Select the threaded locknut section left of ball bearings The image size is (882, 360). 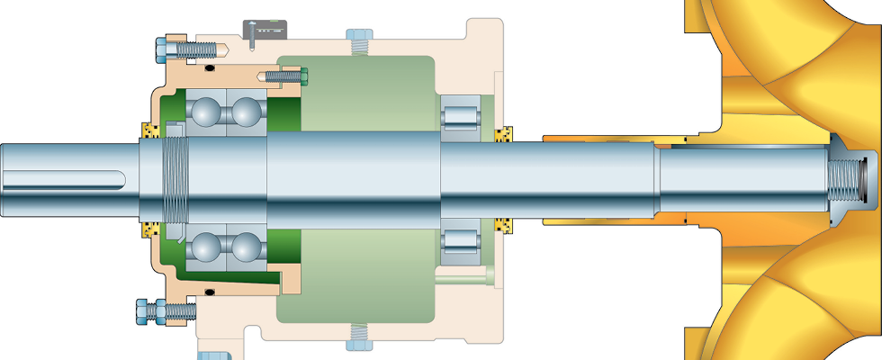175,179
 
